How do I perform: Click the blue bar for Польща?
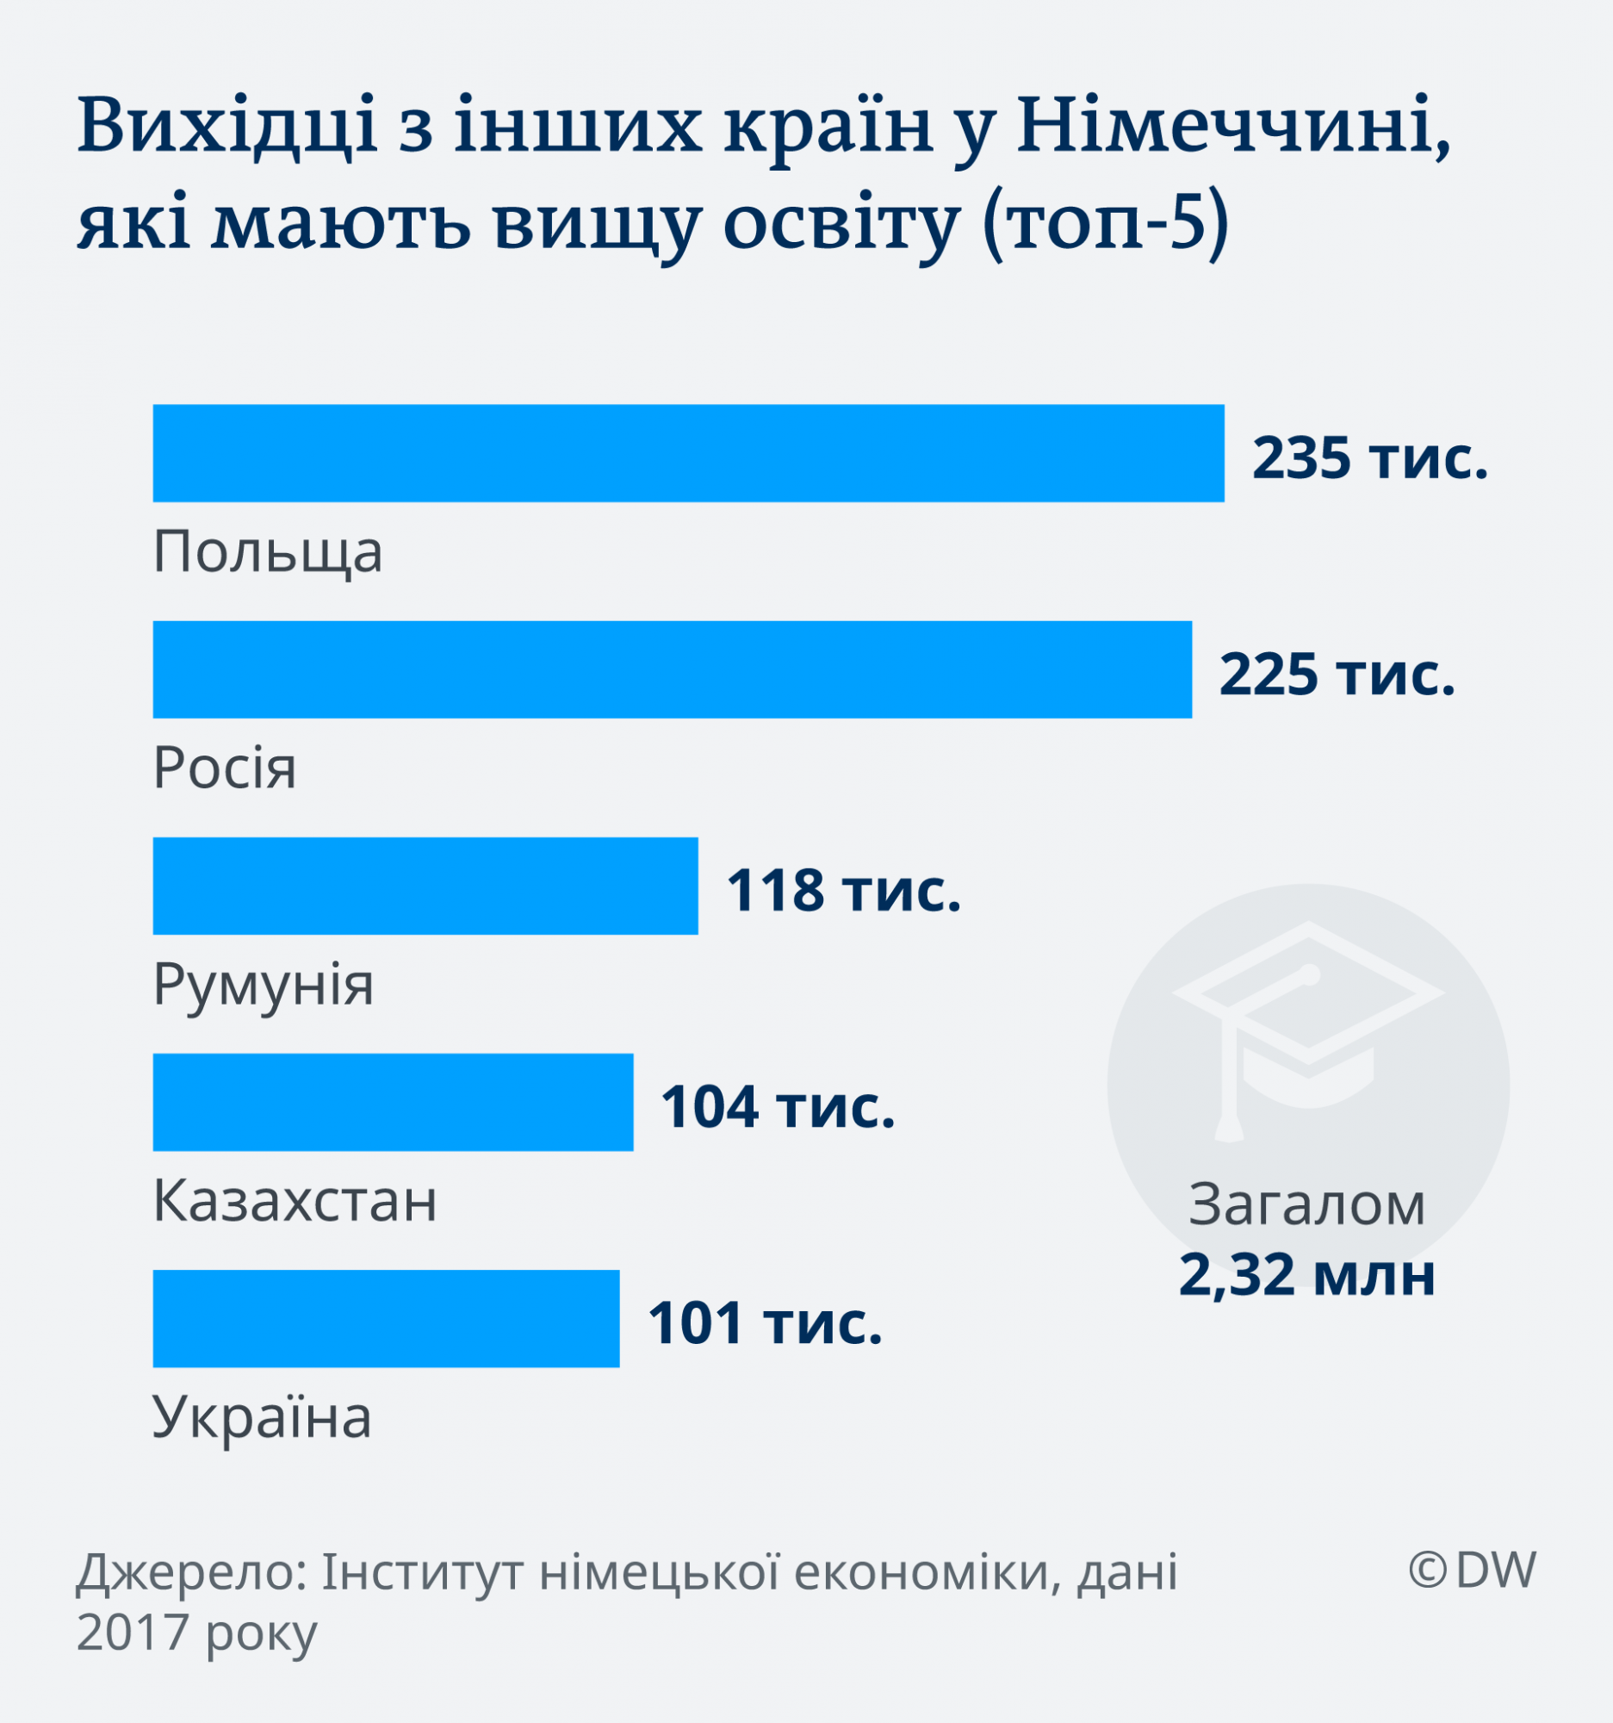(688, 452)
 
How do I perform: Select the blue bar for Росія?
(672, 669)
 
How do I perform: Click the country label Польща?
(268, 551)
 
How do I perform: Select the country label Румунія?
(264, 985)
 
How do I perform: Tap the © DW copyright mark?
(1472, 1570)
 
